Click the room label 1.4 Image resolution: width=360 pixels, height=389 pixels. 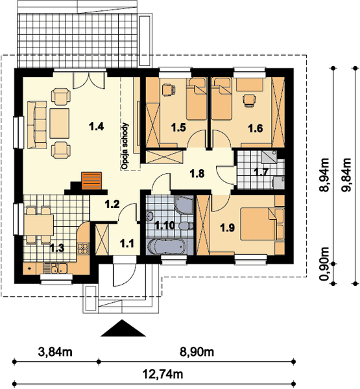(97, 127)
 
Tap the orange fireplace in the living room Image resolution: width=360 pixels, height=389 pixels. (91, 181)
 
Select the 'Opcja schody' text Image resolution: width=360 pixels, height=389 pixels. (125, 146)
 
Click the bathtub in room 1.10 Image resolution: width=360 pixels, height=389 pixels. (166, 247)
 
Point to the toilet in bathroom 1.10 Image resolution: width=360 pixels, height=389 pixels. (186, 226)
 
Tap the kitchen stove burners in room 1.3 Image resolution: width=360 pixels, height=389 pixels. (84, 248)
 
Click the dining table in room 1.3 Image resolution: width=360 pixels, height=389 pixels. (39, 225)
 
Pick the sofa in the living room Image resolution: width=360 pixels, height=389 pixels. (37, 124)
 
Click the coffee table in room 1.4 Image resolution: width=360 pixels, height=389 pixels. (59, 123)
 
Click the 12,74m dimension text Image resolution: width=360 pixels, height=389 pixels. (163, 374)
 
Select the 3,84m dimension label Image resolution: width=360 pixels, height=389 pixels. (55, 352)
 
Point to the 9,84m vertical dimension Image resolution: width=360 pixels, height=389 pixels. (347, 174)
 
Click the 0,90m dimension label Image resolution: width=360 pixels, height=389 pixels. (324, 264)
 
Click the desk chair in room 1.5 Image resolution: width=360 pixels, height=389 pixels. (168, 90)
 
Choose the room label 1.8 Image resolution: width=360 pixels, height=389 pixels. (197, 174)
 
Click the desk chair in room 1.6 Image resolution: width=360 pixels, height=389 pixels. (249, 100)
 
